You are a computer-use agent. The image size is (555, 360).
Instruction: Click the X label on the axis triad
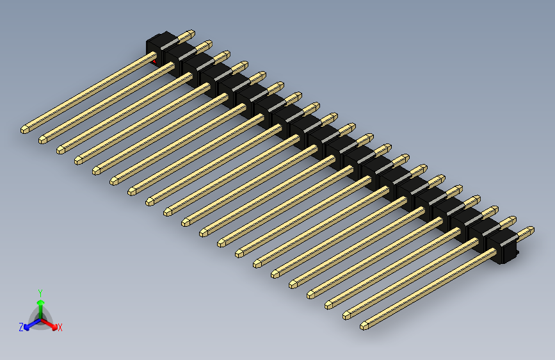60,328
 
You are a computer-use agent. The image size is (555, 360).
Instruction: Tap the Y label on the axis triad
40,291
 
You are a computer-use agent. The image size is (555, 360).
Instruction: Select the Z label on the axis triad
21,327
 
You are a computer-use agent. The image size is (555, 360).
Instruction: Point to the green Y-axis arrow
40,304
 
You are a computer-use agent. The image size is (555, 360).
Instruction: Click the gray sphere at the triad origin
40,318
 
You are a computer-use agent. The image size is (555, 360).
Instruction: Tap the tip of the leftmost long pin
24,129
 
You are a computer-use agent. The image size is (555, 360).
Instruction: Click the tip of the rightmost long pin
364,325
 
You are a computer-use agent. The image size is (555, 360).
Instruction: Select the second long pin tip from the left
42,139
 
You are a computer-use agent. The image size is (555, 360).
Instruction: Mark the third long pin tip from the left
60,149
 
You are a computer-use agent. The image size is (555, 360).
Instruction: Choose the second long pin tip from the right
346,315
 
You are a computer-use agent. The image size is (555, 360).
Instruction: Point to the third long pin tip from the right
328,304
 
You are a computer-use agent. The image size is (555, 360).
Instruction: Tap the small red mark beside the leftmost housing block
154,61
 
